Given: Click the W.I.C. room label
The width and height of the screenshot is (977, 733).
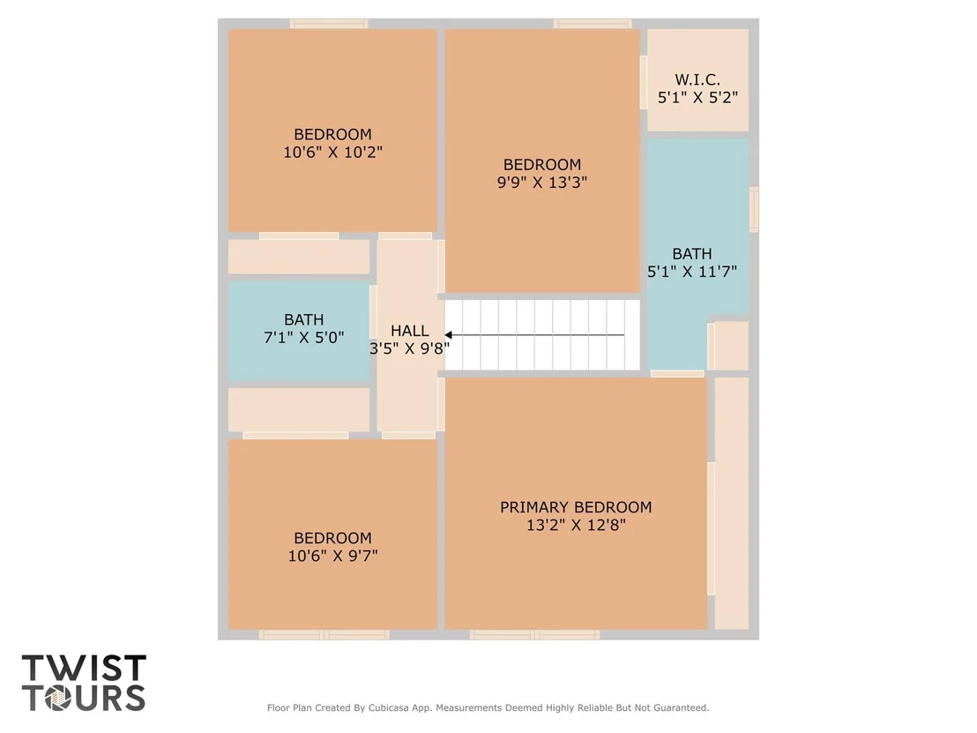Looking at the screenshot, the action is (x=697, y=79).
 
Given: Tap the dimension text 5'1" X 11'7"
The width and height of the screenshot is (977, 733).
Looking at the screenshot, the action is (x=692, y=271).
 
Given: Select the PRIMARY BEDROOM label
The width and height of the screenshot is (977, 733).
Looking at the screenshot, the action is (x=576, y=507).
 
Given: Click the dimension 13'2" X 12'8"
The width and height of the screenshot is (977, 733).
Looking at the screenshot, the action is (x=576, y=525).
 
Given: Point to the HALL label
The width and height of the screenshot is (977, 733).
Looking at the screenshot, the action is (x=409, y=331).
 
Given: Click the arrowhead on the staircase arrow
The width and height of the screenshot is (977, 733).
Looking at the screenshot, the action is (x=448, y=335).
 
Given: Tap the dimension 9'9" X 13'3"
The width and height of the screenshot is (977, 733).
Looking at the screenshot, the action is (x=542, y=182).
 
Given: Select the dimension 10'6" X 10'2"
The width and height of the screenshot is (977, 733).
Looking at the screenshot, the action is (x=332, y=152).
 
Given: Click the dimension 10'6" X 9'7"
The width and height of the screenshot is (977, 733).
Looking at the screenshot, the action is (x=332, y=556).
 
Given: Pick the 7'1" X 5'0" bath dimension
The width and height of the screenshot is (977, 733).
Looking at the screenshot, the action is (x=304, y=337).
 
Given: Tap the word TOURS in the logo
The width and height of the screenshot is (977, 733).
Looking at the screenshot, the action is (x=84, y=698).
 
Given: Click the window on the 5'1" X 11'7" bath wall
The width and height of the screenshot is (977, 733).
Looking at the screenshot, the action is (x=753, y=209).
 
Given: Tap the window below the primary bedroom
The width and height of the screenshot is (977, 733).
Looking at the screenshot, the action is (x=534, y=634).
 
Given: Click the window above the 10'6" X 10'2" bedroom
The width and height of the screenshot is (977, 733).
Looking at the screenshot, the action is (x=329, y=24).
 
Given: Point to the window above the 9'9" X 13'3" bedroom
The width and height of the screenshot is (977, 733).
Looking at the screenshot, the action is (x=593, y=24).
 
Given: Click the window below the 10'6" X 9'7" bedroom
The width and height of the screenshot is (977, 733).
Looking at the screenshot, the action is (x=324, y=634).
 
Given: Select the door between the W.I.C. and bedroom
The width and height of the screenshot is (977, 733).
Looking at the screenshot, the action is (x=644, y=82).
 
